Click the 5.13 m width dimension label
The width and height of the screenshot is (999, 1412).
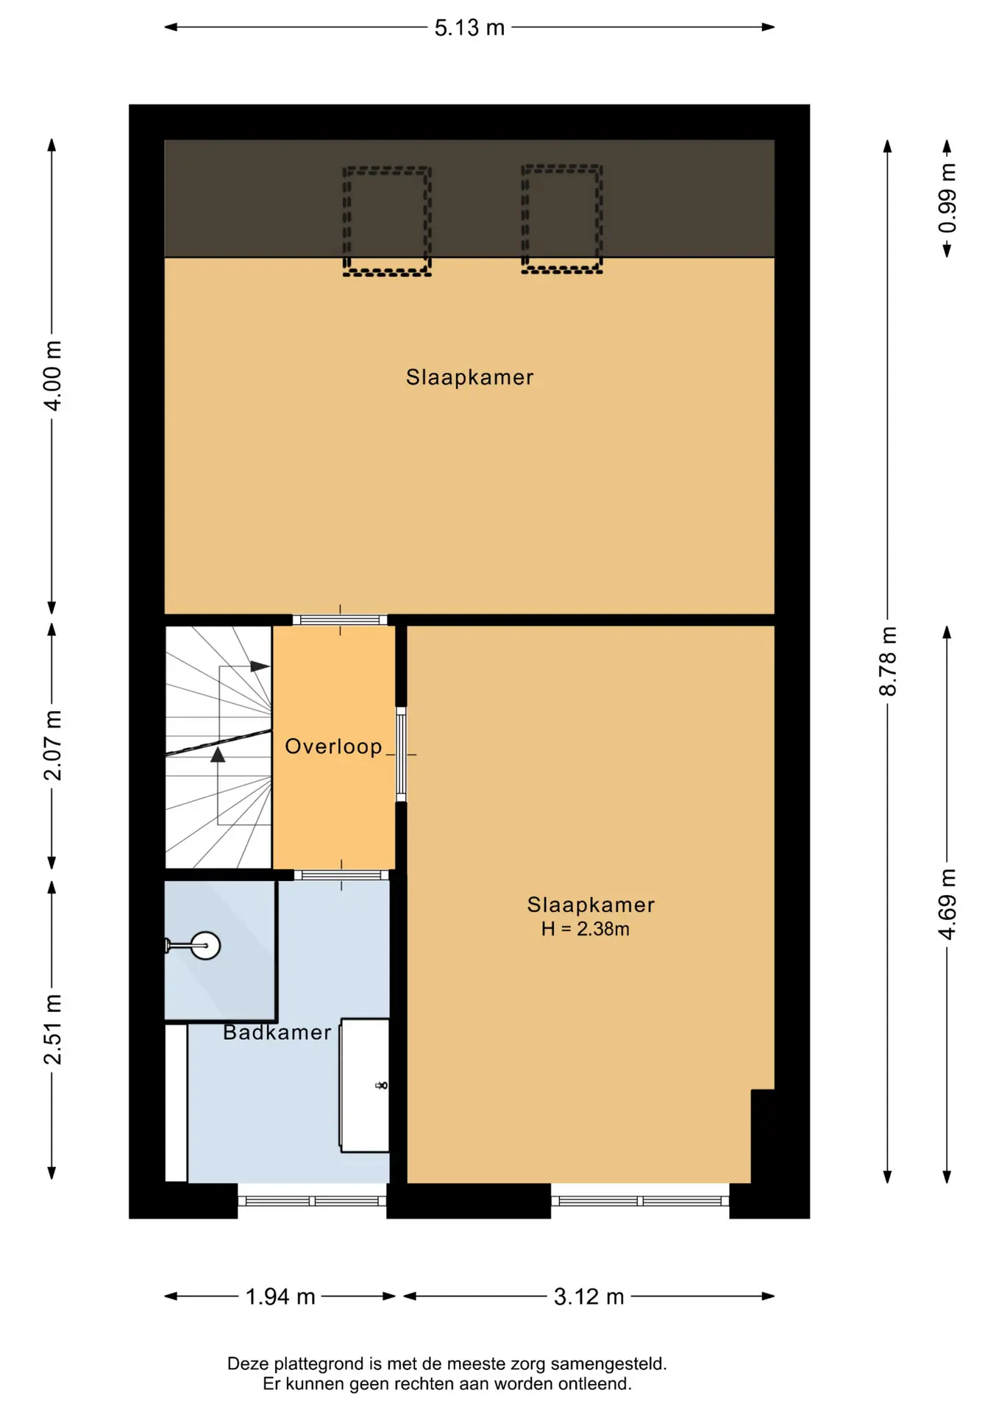tap(469, 28)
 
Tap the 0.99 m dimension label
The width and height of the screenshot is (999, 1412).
tap(948, 199)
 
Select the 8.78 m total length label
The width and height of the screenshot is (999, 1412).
tap(888, 661)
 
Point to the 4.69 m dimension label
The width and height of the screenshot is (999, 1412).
tap(948, 904)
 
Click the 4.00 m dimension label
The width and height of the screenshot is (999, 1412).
tap(52, 376)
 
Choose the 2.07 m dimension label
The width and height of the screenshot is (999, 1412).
tap(52, 745)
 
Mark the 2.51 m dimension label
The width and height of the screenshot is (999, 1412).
tap(52, 1029)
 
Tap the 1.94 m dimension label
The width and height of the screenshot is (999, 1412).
tap(280, 1297)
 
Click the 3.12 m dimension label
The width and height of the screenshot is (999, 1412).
tap(589, 1297)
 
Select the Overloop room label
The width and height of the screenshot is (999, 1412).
tap(333, 746)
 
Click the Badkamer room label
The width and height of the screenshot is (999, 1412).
tap(277, 1033)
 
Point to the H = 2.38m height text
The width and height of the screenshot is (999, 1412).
tap(585, 929)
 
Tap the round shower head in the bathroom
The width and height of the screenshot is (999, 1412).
tap(205, 946)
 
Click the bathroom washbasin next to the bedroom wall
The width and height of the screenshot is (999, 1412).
tap(364, 1085)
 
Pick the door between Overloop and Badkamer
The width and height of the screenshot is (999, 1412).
tap(341, 875)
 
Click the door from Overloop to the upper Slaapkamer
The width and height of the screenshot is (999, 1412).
tap(340, 620)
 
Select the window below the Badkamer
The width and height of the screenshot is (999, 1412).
tap(312, 1201)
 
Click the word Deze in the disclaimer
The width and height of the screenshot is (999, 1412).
tap(246, 1363)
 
